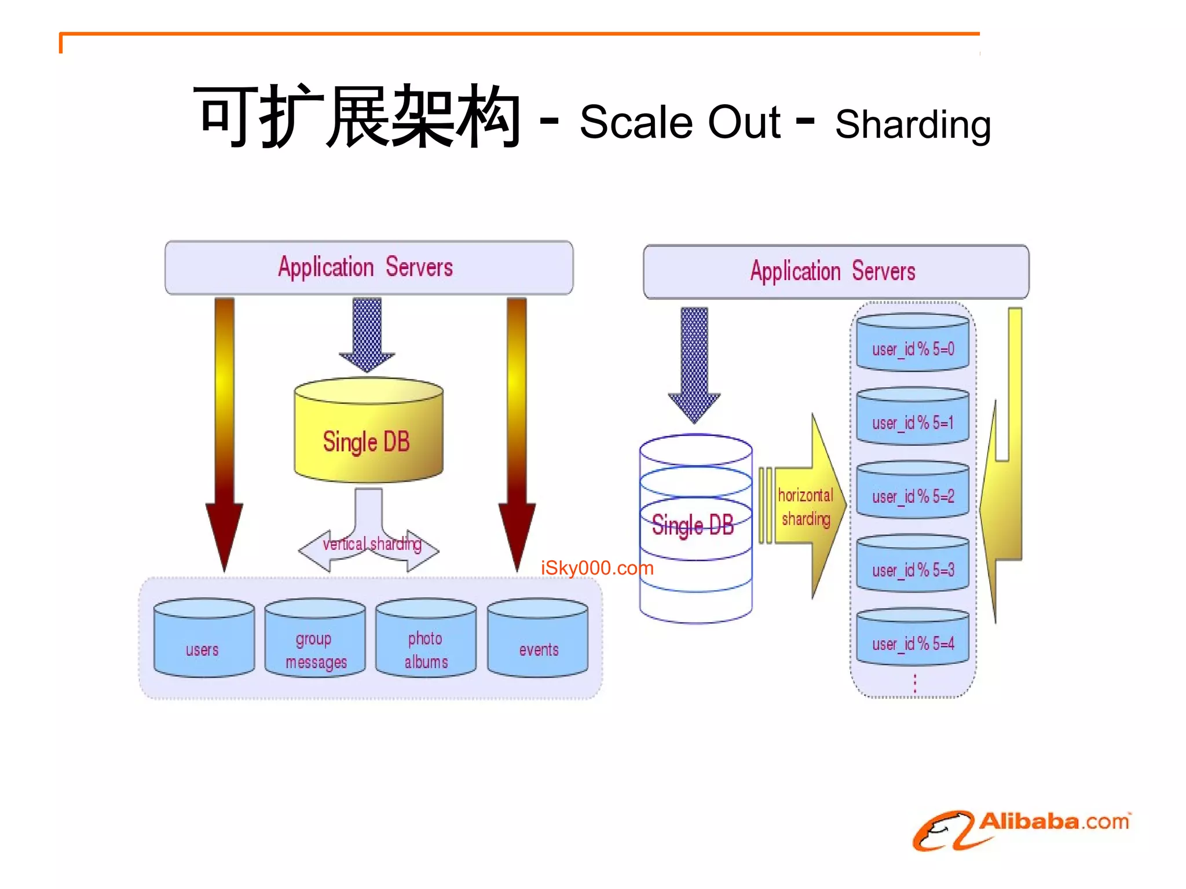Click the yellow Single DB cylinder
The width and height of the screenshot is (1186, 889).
[368, 431]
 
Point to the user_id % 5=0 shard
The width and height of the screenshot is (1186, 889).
[913, 343]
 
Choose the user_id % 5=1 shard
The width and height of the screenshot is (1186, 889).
[913, 416]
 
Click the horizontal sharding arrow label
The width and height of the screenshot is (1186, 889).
[806, 507]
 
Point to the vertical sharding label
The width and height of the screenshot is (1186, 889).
[372, 544]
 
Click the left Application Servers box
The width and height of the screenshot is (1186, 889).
[368, 267]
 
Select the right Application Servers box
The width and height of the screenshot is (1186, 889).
[835, 271]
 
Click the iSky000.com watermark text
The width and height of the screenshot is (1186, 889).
[597, 568]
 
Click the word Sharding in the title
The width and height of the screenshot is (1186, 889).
[913, 125]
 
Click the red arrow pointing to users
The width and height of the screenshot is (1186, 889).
[224, 434]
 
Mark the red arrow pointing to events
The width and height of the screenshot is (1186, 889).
[517, 434]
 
